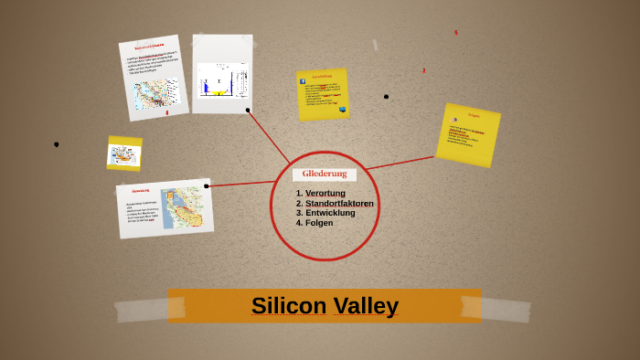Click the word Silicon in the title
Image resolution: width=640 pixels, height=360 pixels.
tap(288, 305)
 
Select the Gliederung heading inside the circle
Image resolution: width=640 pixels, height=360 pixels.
tap(325, 174)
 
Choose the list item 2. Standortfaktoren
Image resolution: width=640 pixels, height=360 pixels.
tap(335, 203)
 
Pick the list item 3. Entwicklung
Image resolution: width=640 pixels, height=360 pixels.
tap(325, 213)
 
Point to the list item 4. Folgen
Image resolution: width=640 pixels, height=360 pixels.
tap(315, 223)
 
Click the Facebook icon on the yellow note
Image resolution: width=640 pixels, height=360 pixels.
tap(303, 80)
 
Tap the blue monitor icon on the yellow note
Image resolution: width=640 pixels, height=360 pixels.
tap(343, 110)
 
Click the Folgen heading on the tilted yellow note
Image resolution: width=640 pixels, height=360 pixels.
tap(474, 115)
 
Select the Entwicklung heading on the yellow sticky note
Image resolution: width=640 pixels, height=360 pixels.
tap(322, 76)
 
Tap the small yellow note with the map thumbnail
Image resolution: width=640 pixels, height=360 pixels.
tap(124, 154)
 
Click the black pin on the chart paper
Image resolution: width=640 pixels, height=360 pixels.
tap(248, 110)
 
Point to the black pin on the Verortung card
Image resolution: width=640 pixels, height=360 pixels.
tap(207, 185)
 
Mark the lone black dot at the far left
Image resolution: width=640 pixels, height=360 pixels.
tap(57, 144)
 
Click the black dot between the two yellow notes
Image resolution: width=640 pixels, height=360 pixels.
tap(386, 96)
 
